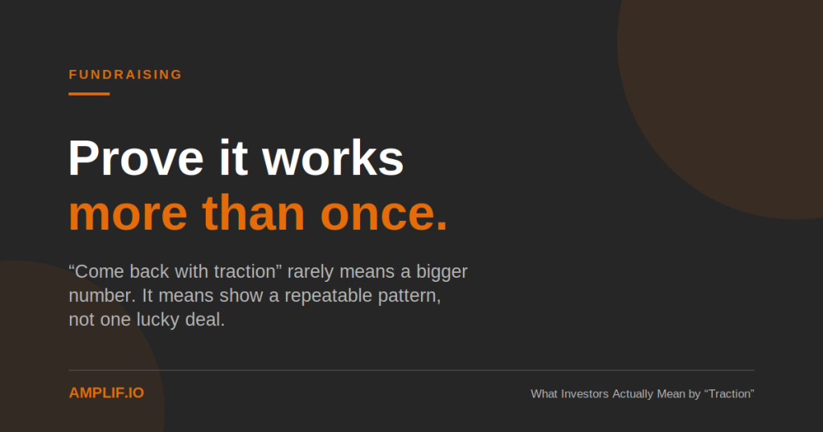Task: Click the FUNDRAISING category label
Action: (x=125, y=75)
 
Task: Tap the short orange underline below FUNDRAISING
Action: (x=89, y=94)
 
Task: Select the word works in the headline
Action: (x=333, y=158)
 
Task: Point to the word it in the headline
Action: (x=233, y=158)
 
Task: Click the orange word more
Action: (x=128, y=214)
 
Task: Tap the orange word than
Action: (x=253, y=213)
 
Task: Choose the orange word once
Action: (x=383, y=214)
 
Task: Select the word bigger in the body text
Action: (x=441, y=272)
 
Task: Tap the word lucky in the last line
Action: (x=158, y=320)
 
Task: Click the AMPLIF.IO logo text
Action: (x=107, y=393)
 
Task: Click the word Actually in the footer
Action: (x=633, y=393)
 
